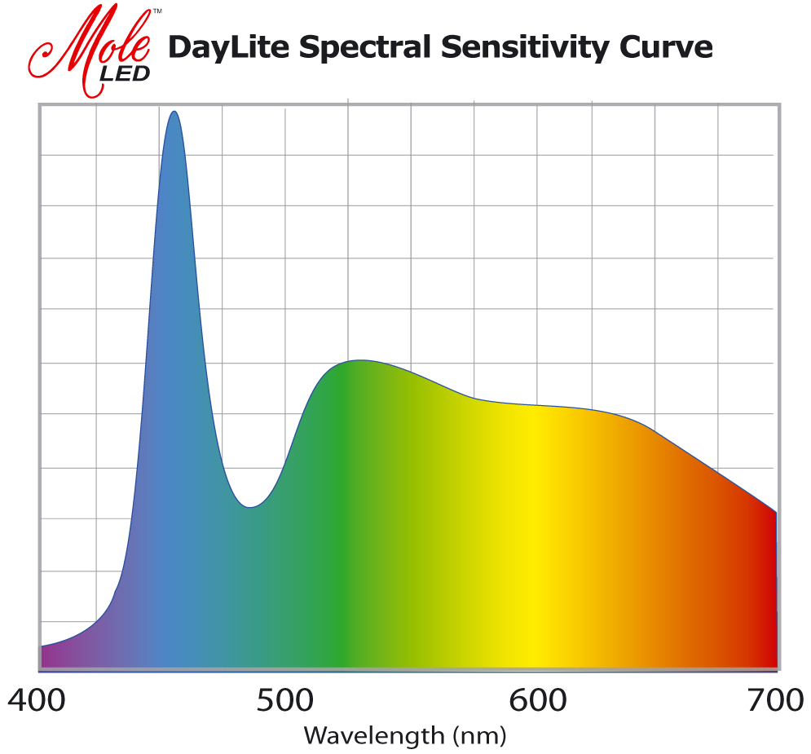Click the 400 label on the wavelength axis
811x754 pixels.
tap(37, 700)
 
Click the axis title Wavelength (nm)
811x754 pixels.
tap(405, 736)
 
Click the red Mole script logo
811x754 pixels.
tap(90, 45)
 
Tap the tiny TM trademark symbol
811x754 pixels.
tap(157, 11)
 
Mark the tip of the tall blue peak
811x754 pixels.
tap(174, 112)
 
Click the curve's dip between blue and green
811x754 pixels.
tap(251, 507)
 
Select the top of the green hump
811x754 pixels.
tap(359, 360)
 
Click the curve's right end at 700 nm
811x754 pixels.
tap(775, 512)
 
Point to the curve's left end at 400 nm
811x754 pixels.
tap(42, 646)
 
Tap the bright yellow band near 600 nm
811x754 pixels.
tap(534, 554)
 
